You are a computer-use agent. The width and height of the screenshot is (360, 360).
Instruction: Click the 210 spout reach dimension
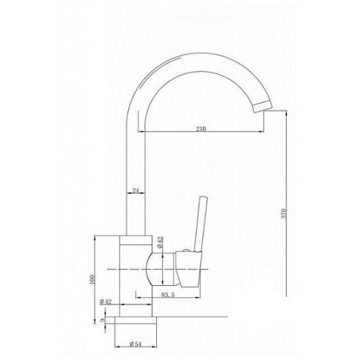(201, 129)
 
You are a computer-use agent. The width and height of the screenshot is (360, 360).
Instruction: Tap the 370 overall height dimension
(284, 213)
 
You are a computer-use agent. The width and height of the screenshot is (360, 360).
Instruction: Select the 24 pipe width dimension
(136, 191)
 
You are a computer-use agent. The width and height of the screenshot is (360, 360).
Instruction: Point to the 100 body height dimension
(92, 279)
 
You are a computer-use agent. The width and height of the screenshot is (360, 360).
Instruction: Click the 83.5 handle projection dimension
(168, 295)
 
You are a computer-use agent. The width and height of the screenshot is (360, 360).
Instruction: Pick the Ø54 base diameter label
(135, 344)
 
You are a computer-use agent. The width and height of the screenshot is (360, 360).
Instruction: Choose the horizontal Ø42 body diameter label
(106, 302)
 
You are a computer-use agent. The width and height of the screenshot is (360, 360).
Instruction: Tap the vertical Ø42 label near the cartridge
(160, 242)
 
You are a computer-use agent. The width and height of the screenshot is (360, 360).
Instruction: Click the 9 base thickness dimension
(102, 320)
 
